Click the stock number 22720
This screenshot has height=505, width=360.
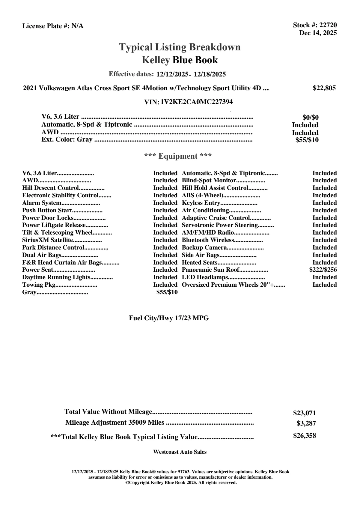[x=328, y=25]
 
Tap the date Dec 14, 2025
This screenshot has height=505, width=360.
[x=318, y=33]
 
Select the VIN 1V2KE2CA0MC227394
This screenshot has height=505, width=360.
[x=197, y=102]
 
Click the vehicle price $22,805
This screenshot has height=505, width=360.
[x=324, y=88]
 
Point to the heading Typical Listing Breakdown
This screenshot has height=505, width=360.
[x=180, y=47]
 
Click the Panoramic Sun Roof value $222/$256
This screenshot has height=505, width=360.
[x=323, y=270]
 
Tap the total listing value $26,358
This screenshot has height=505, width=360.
[x=304, y=436]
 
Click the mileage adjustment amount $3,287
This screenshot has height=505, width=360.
[x=306, y=423]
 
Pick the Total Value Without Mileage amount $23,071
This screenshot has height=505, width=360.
[x=304, y=413]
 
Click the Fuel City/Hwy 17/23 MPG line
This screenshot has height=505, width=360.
[x=169, y=318]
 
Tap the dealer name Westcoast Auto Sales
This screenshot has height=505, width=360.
[x=180, y=452]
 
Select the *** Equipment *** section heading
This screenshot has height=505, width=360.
[x=178, y=156]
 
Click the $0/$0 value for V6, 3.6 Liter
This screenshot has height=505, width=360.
[x=310, y=118]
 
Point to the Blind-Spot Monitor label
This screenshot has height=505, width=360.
[x=209, y=181]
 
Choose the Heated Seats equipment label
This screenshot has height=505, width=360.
[x=200, y=262]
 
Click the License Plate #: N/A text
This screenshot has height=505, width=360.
[x=53, y=26]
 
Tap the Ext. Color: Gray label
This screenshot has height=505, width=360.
[x=67, y=139]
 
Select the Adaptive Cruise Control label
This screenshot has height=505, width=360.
[x=216, y=218]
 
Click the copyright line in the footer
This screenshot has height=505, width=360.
[x=181, y=483]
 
